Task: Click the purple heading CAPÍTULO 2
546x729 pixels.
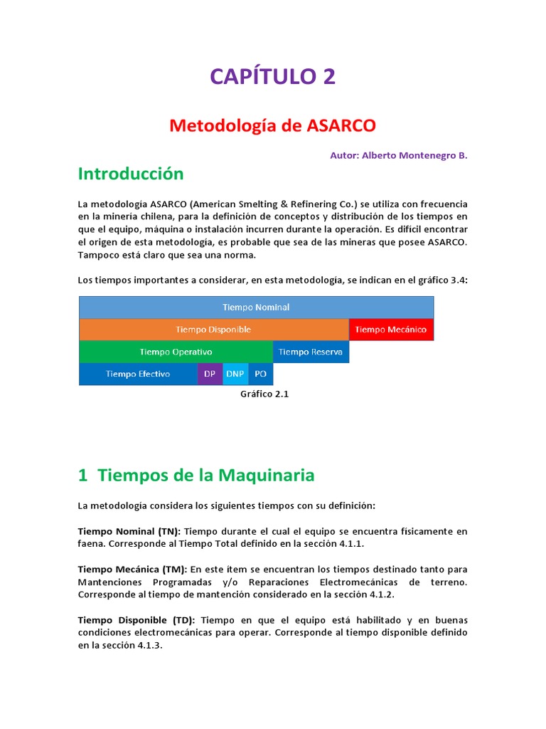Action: click(272, 76)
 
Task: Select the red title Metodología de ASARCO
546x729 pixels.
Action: click(272, 125)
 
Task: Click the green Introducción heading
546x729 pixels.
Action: click(130, 174)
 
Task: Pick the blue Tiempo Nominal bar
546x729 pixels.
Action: click(256, 308)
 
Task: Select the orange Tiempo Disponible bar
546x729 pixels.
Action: click(213, 330)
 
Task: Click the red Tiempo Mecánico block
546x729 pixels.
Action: click(390, 330)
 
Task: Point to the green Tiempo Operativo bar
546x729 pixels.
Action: click(176, 352)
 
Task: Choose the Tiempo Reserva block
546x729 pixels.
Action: click(310, 352)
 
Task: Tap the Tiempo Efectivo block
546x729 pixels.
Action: click(138, 374)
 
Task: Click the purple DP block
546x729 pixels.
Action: click(210, 374)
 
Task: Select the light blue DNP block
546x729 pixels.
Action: click(235, 374)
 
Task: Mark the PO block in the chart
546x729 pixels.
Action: click(260, 374)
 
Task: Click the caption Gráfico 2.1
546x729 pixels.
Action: click(264, 394)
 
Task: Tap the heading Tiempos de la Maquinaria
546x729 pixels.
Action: click(196, 475)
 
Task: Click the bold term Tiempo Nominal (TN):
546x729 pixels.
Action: click(129, 531)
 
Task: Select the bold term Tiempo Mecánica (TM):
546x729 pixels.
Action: click(132, 570)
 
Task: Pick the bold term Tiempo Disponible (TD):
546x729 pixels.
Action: click(136, 620)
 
